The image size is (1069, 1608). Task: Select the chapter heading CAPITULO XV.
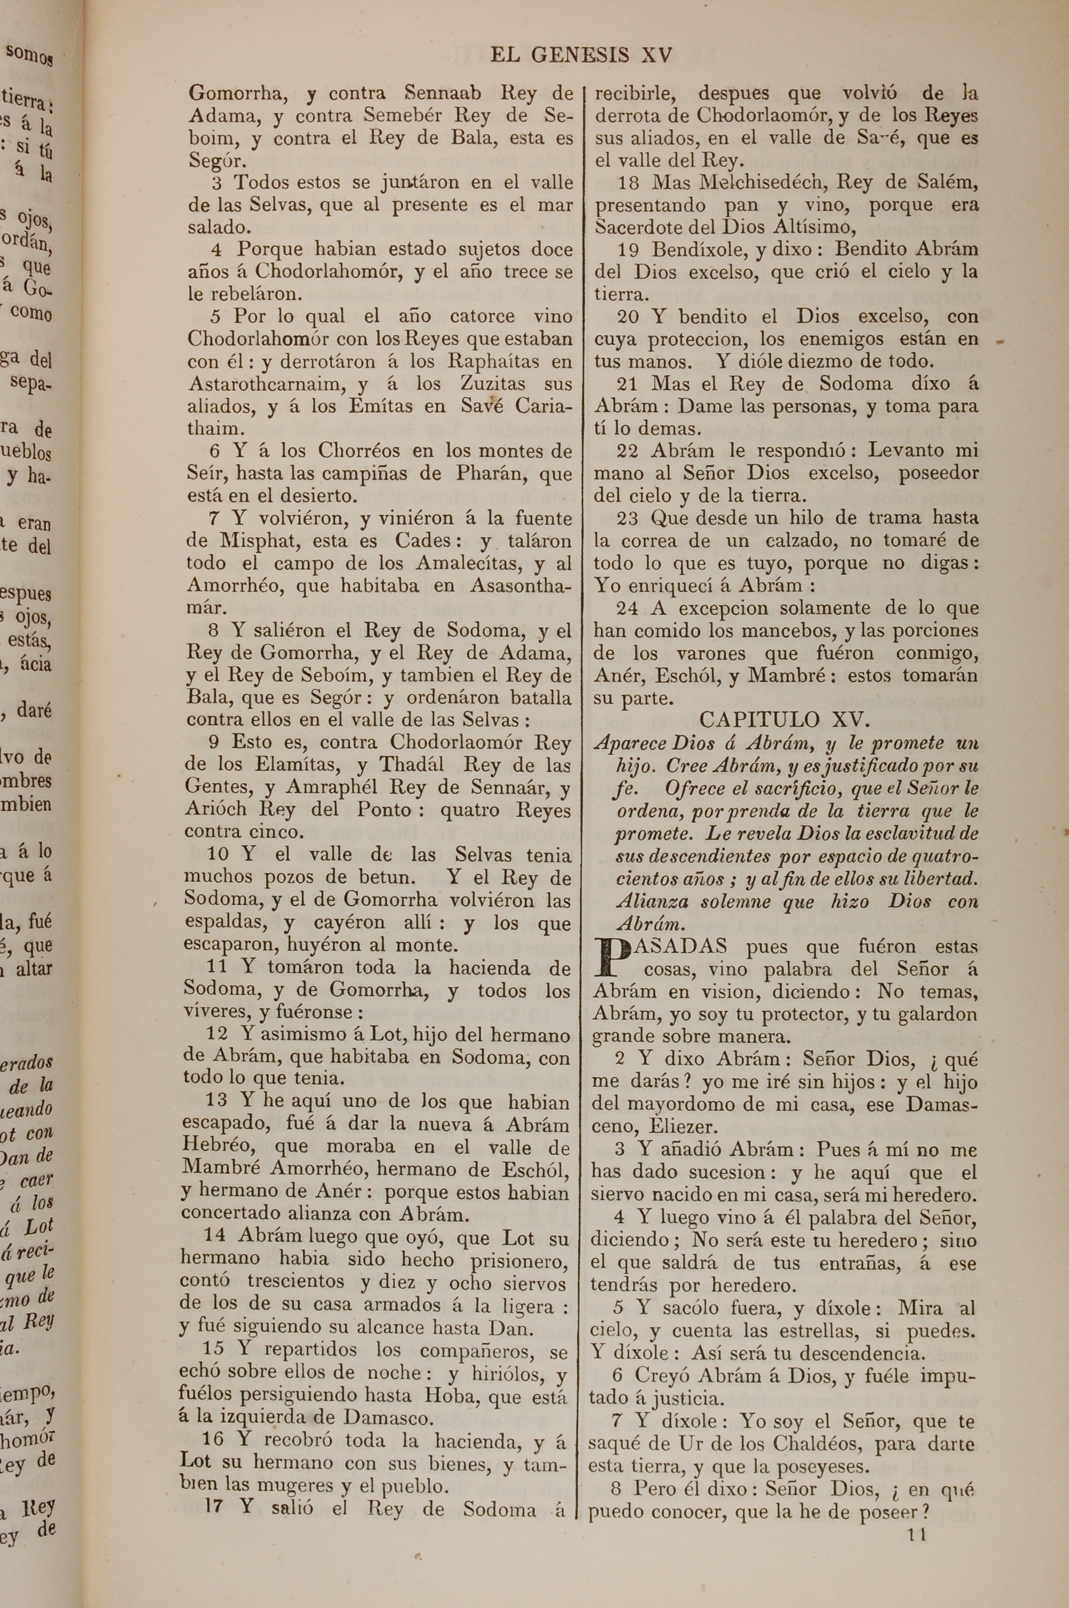coord(784,720)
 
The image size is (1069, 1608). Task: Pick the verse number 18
coord(629,183)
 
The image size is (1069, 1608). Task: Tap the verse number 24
coord(627,608)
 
